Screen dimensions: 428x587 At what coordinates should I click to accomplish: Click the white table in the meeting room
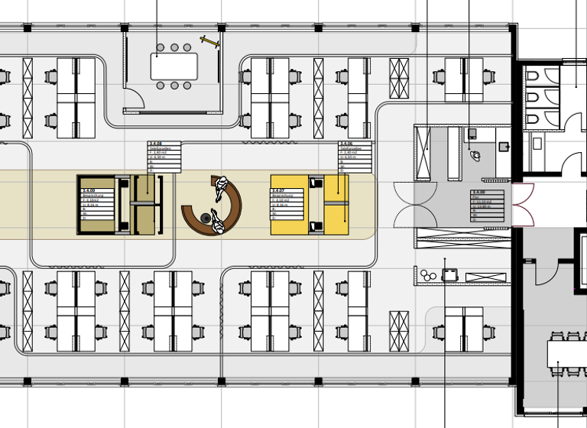(174, 66)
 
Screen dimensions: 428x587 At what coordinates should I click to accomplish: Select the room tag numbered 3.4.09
(99, 204)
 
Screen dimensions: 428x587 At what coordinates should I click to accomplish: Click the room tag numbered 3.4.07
(290, 204)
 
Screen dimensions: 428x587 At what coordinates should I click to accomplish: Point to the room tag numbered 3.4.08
(164, 157)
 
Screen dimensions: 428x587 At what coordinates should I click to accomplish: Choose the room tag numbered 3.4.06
(355, 157)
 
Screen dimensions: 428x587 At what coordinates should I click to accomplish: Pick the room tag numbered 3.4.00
(489, 206)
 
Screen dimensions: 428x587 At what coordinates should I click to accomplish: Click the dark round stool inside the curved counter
(206, 219)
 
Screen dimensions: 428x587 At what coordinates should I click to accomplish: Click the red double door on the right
(524, 205)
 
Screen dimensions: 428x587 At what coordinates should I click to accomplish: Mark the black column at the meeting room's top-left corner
(125, 28)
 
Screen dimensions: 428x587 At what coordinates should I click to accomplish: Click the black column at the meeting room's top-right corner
(222, 28)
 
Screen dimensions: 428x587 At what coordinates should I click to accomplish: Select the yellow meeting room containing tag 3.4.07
(309, 204)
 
